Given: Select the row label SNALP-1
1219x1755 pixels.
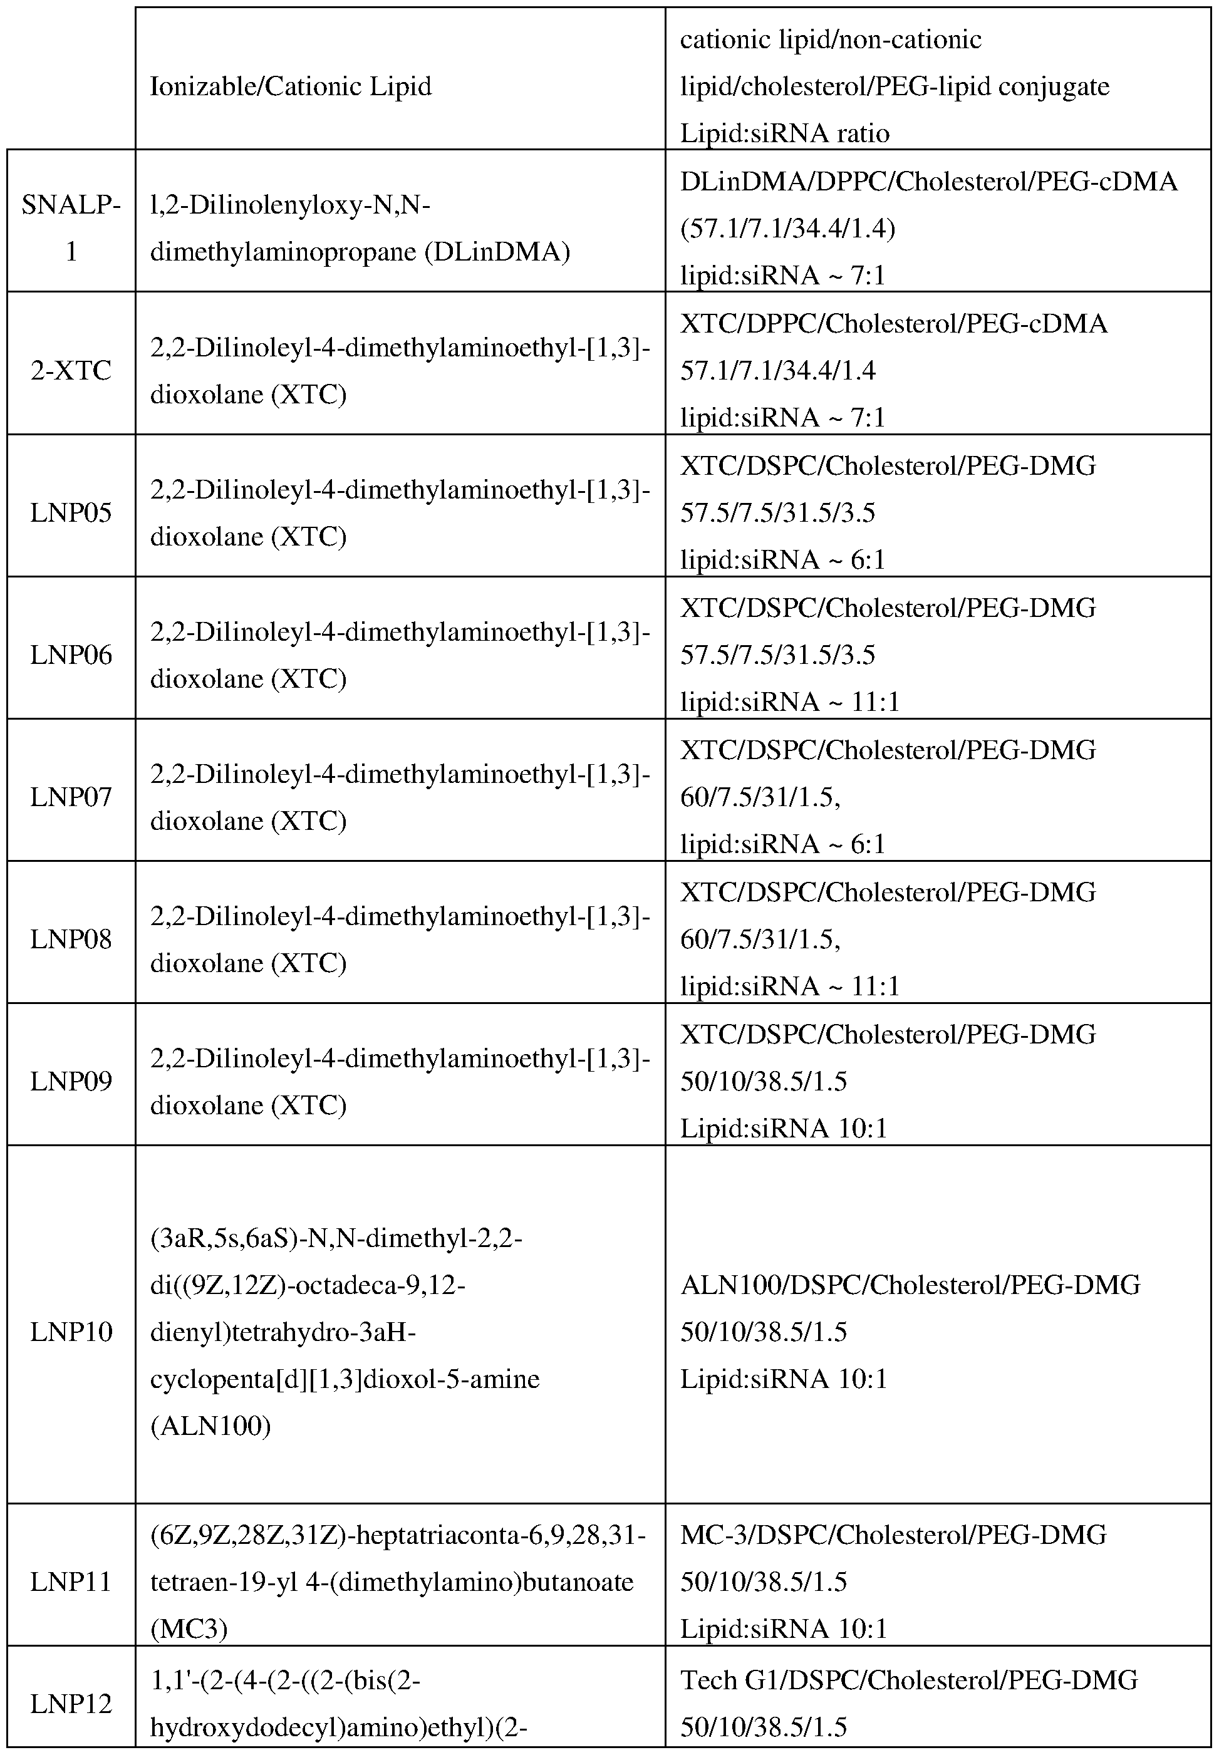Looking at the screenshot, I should pyautogui.click(x=71, y=227).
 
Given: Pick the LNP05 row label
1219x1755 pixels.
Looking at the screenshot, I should pyautogui.click(x=71, y=512).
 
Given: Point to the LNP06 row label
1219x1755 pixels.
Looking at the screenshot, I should pyautogui.click(x=71, y=655).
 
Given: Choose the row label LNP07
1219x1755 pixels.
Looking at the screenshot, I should pyautogui.click(x=71, y=797).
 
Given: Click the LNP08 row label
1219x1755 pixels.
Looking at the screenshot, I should pyautogui.click(x=71, y=939).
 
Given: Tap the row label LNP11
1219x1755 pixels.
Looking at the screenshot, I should pyautogui.click(x=71, y=1582).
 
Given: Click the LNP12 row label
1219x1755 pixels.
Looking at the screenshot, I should pyautogui.click(x=71, y=1703).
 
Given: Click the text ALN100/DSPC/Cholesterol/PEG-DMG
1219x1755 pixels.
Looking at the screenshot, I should pyautogui.click(x=910, y=1285).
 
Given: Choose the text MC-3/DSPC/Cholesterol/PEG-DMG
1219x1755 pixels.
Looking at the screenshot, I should pyautogui.click(x=893, y=1535).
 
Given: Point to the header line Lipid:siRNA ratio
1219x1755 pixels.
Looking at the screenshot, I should pyautogui.click(x=784, y=133).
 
